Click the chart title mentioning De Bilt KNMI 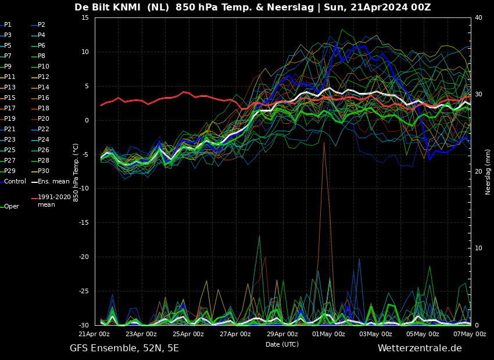point(252,8)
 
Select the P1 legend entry point(8,25)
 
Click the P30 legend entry point(43,171)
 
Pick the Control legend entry point(15,182)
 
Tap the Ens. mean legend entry point(53,182)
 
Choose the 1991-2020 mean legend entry point(53,201)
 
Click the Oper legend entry point(11,207)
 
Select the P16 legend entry point(43,98)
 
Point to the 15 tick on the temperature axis point(85,17)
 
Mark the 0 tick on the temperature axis point(87,120)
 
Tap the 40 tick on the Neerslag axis point(478,17)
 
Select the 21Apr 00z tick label point(94,334)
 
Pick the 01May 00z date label point(329,334)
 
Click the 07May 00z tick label point(470,334)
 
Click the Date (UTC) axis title point(282,344)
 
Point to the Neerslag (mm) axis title point(488,171)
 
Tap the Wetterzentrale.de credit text point(420,348)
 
